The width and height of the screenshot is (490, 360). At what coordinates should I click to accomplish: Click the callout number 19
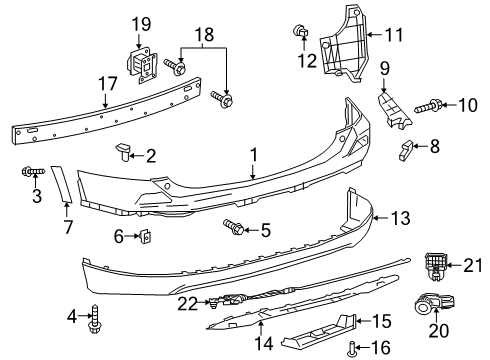[140, 23]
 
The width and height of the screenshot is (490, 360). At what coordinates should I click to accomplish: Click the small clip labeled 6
[143, 237]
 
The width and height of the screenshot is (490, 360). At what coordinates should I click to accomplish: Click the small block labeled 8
[406, 151]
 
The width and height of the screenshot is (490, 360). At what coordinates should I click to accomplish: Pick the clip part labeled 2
[122, 151]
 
